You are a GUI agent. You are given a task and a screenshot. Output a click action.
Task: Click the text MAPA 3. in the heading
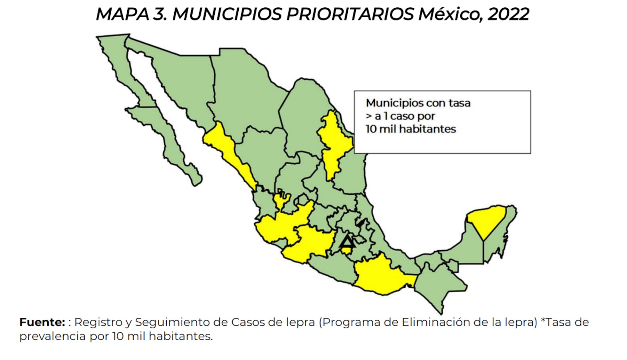[131, 14]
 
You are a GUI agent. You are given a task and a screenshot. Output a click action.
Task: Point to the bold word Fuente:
[42, 322]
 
